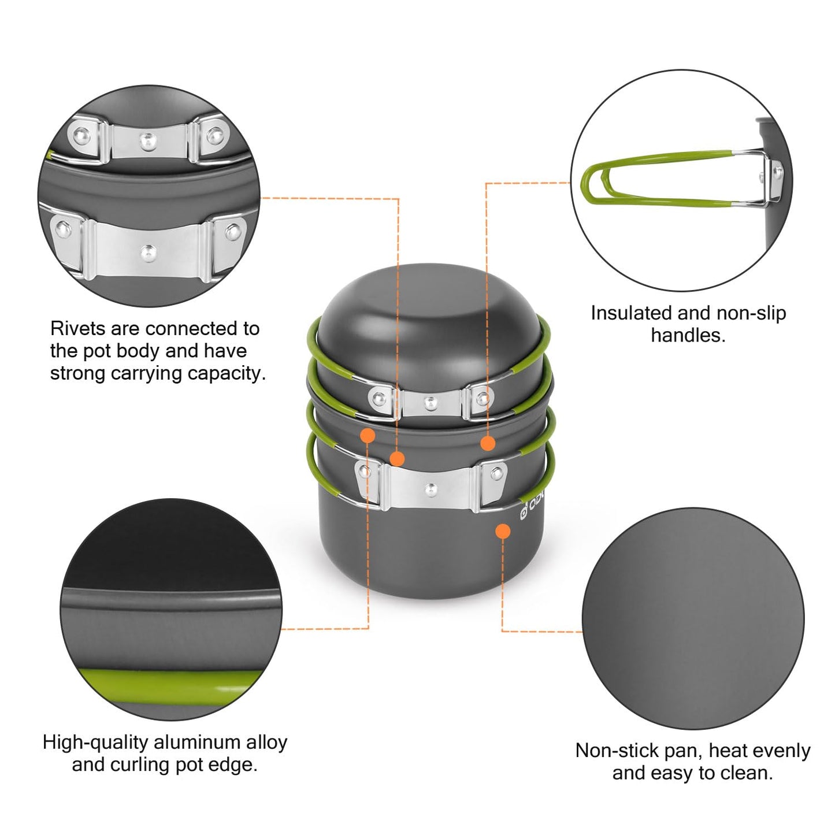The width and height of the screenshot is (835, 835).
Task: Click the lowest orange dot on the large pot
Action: click(x=503, y=530)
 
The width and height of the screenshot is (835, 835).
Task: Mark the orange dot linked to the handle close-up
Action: click(x=488, y=443)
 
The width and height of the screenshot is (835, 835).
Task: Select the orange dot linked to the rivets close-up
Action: click(x=397, y=459)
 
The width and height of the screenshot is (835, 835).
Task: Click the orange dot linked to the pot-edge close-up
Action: click(x=368, y=435)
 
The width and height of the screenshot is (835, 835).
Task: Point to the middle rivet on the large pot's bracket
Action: click(x=430, y=490)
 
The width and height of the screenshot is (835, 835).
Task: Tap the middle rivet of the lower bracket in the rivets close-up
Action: click(x=149, y=251)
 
